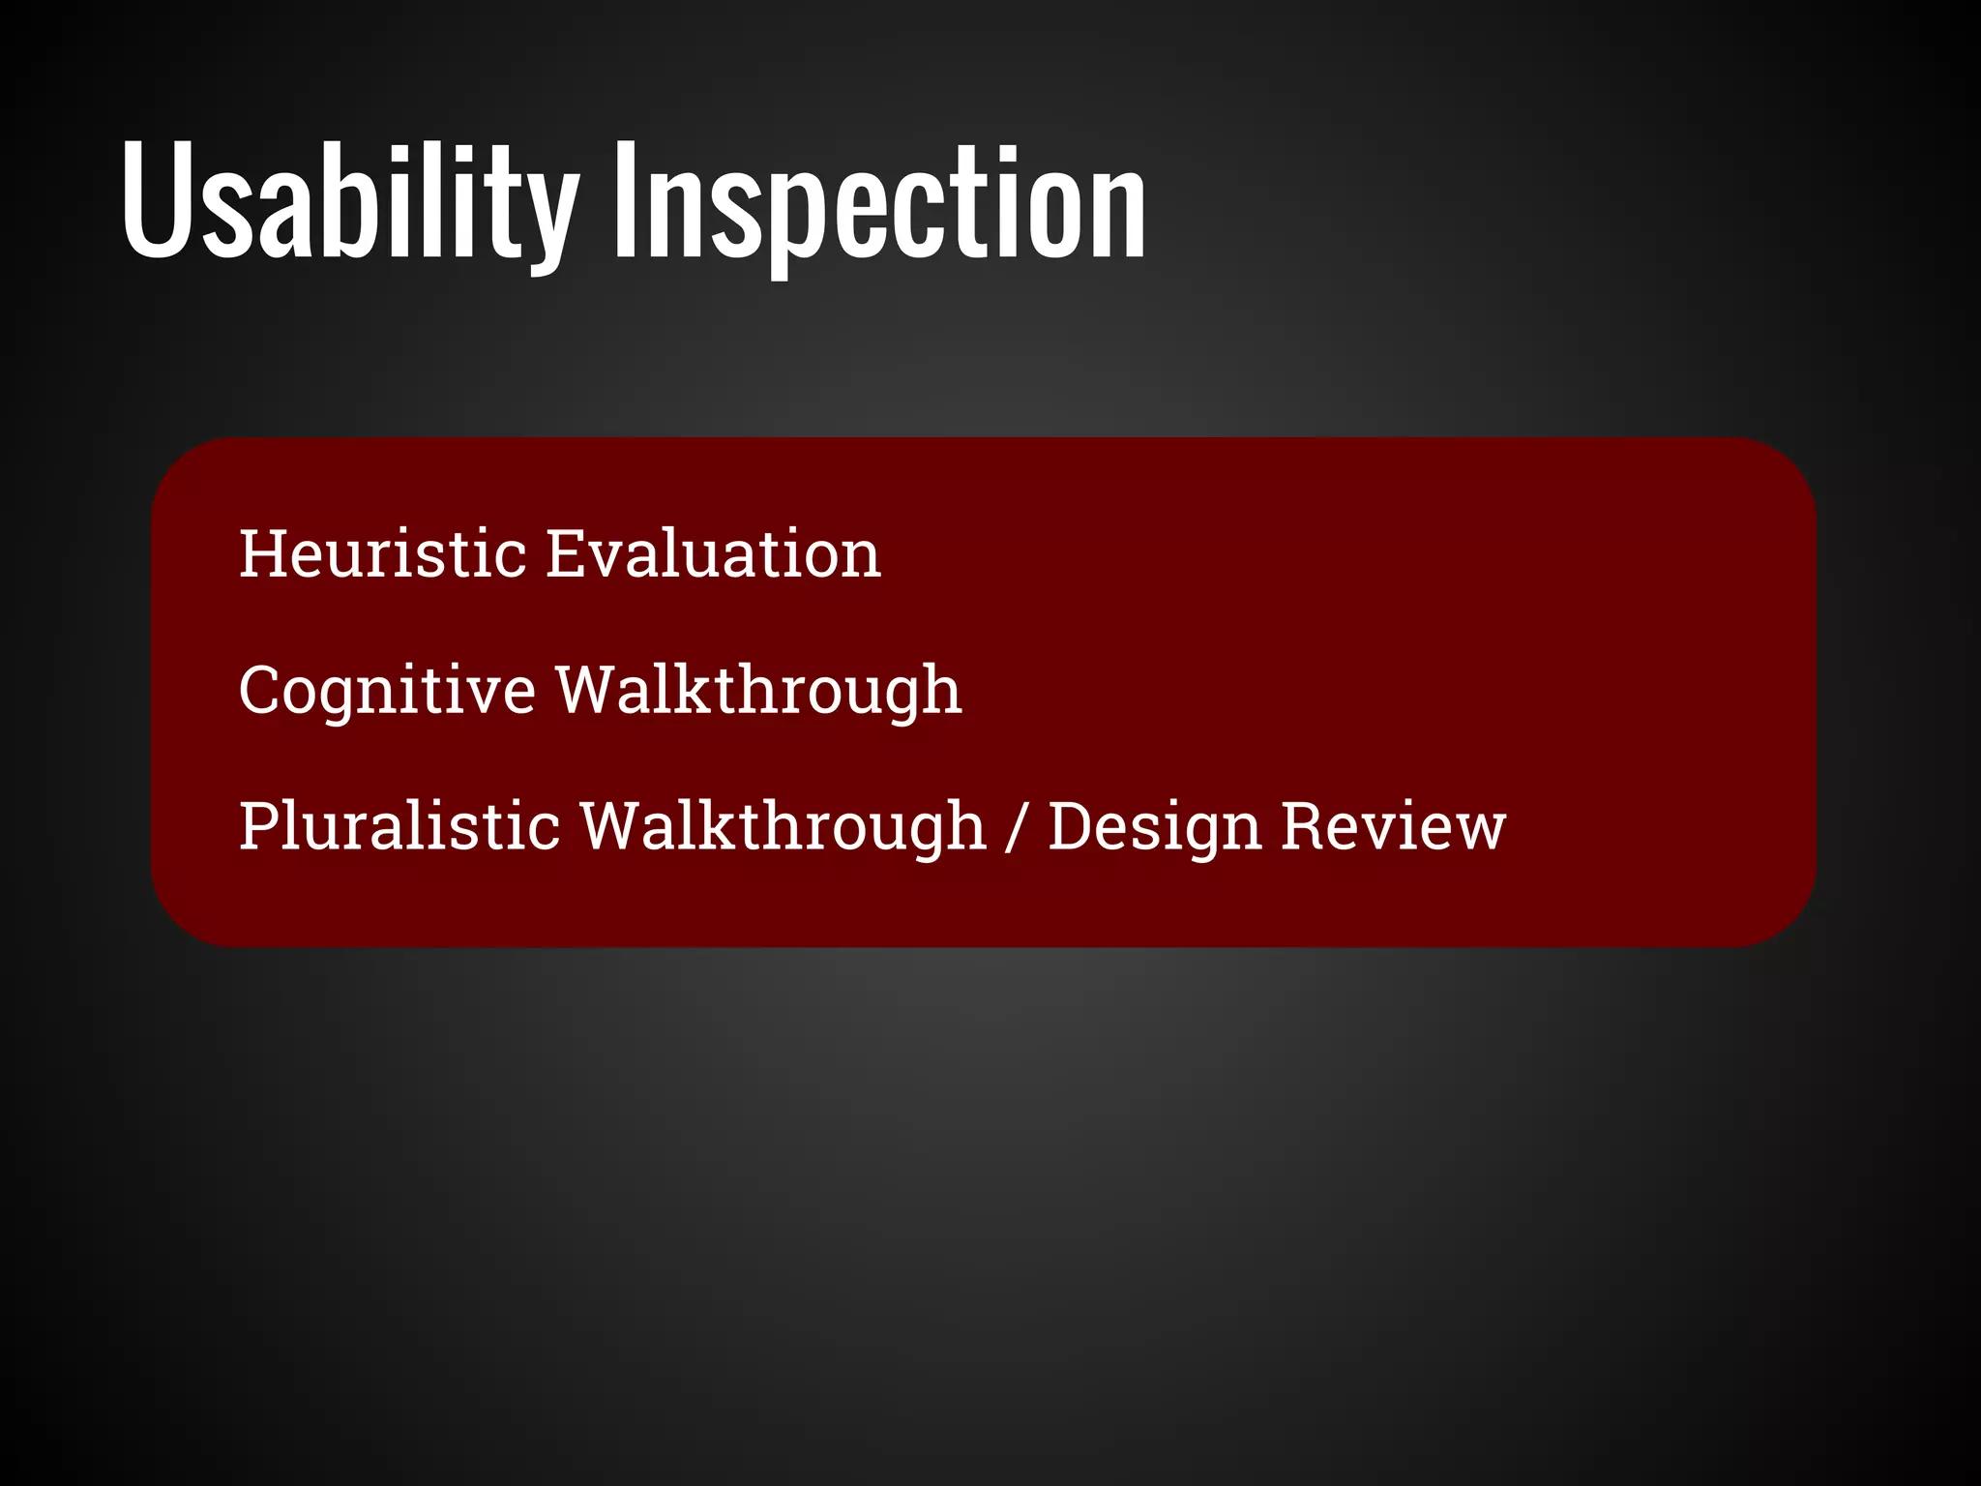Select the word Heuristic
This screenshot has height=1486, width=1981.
(382, 553)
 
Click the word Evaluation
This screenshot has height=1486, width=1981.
(713, 553)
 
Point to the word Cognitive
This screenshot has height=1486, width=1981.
(387, 691)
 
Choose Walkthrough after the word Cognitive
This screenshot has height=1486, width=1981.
(758, 691)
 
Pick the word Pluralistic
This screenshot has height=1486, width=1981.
(399, 827)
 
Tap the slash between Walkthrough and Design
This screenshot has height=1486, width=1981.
(1015, 829)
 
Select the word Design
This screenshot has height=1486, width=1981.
(1155, 827)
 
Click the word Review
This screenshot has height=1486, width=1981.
(1393, 827)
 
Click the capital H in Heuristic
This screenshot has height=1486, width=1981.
(263, 553)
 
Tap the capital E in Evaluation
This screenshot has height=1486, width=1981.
(567, 553)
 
